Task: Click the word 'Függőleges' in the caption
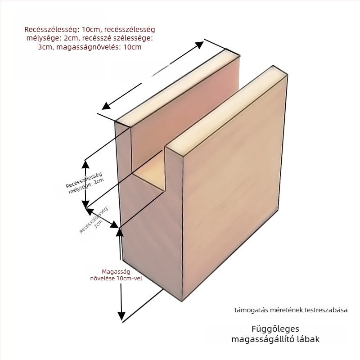[x=275, y=329]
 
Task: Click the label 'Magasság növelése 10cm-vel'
[x=116, y=275]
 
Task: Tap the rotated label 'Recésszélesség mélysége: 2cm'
[x=85, y=183]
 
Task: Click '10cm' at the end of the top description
[x=132, y=47]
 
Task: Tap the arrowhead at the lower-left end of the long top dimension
[x=106, y=106]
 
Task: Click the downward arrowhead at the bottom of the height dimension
[x=121, y=316]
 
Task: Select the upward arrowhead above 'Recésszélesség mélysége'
[x=85, y=164]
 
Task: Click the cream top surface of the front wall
[x=226, y=110]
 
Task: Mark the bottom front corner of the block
[x=182, y=301]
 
